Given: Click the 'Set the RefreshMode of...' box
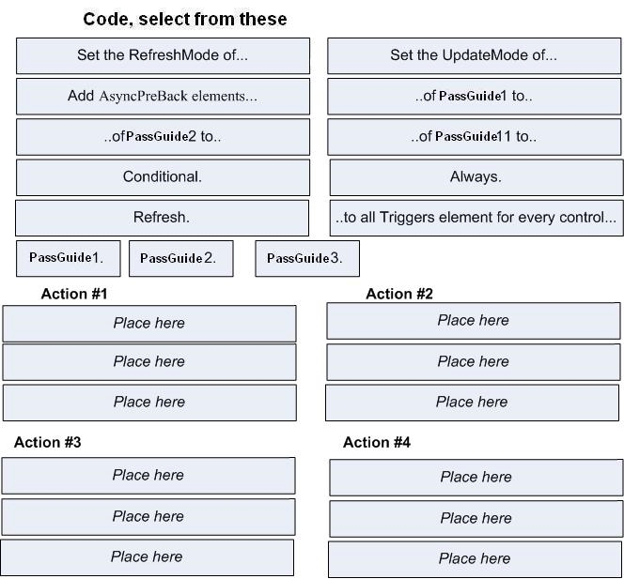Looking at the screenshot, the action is point(163,56).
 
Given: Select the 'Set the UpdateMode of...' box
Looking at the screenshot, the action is point(474,56).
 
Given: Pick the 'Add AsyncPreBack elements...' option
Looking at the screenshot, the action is point(163,97).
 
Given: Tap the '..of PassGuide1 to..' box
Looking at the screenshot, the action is point(474,97).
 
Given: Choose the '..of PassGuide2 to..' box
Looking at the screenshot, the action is point(163,137).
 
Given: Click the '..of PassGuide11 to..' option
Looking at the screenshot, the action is point(474,137).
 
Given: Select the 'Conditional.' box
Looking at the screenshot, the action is point(163,177).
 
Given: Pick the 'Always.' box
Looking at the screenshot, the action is point(476,177).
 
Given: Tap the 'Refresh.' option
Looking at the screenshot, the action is point(162,218).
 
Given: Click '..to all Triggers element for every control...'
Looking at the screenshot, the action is point(476,218).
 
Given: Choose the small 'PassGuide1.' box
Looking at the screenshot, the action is point(69,258).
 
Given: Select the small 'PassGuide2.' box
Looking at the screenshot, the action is point(181,258).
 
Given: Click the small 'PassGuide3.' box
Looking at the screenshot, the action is point(307,258).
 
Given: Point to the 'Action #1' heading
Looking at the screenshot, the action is point(74,294).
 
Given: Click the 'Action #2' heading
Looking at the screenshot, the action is point(399,294).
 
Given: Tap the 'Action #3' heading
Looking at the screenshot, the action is point(48,442).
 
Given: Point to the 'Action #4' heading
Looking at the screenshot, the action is point(377,442).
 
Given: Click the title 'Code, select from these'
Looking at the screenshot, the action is point(185,19).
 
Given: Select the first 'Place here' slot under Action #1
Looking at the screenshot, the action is point(149,324).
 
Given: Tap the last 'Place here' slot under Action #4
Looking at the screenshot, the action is point(476,559).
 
